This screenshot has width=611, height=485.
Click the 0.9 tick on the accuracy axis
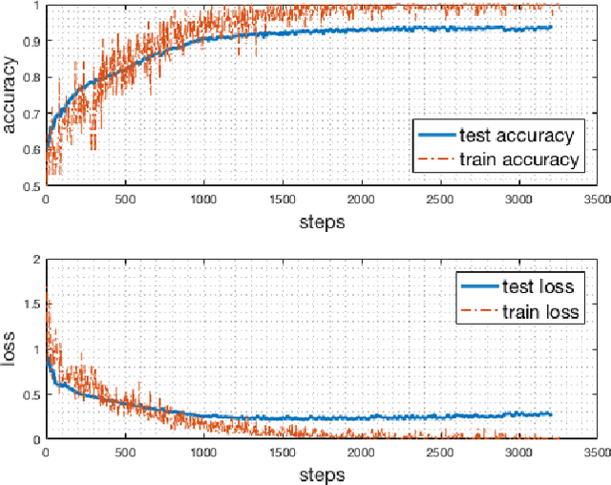[32, 42]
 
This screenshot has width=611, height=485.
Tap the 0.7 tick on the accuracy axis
[32, 114]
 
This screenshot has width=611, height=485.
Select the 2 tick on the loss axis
[38, 260]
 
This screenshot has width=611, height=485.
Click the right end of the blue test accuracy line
[551, 27]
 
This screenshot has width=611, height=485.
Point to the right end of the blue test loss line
[551, 413]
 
